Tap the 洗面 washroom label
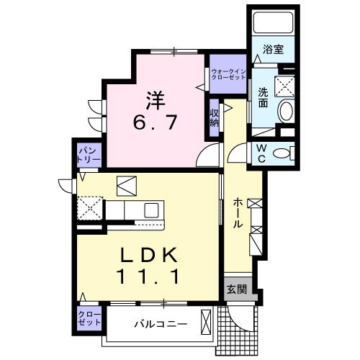point(264,98)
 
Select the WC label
point(261,153)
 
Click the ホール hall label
point(237,214)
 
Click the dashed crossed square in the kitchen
point(90,210)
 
